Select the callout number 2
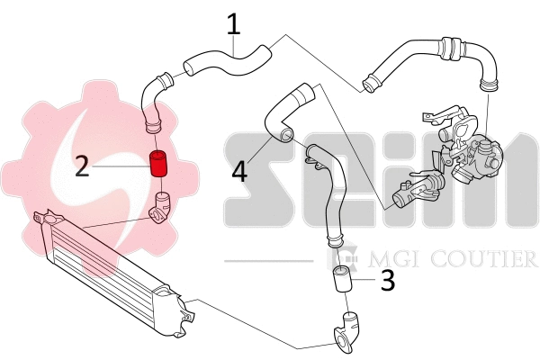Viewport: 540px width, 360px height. point(82,166)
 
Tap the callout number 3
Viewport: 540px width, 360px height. point(387,281)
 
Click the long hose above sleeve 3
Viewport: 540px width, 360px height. point(328,198)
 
